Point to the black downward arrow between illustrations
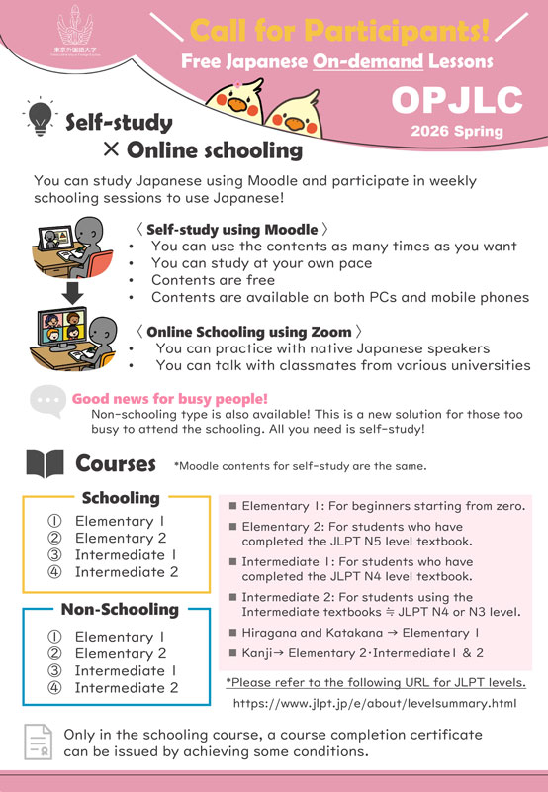coord(68,295)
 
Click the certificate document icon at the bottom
coord(38,743)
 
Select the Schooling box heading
coord(120,498)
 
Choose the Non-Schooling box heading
coord(120,609)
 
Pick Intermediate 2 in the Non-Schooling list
coord(127,687)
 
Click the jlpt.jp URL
coord(375,704)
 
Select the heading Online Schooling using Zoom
coord(255,331)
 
